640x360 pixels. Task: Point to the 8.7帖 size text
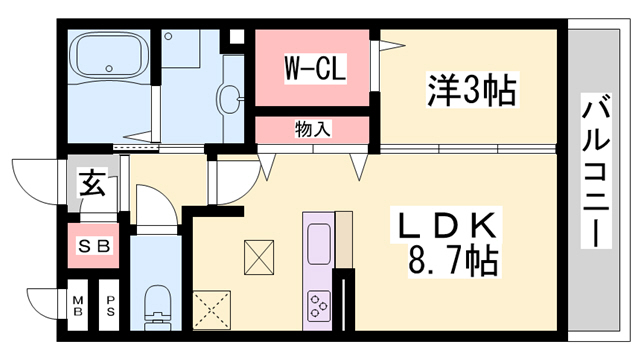pyautogui.click(x=450, y=263)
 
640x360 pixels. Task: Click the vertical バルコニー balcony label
pyautogui.click(x=597, y=170)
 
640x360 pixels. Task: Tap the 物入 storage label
pyautogui.click(x=313, y=129)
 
